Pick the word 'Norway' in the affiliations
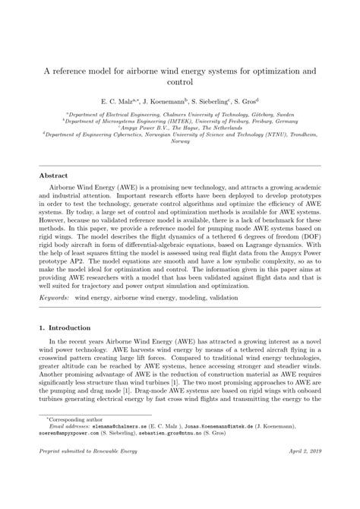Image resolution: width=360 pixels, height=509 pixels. pyautogui.click(x=180, y=141)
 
